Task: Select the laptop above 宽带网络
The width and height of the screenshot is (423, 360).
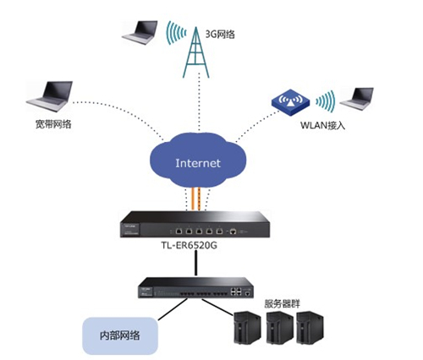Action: point(47,100)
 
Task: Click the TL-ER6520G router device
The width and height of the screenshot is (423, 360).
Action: point(196,228)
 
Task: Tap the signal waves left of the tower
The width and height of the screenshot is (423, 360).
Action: point(176,34)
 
